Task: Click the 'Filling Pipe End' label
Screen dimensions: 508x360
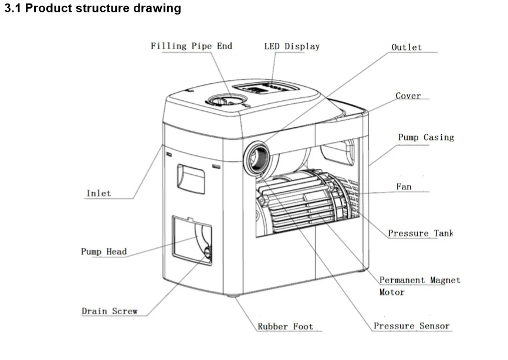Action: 191,46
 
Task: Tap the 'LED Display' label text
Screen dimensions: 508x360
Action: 292,46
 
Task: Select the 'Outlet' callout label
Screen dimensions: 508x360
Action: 407,47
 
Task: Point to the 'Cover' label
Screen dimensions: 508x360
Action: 408,96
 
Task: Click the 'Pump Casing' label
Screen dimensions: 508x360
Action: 426,137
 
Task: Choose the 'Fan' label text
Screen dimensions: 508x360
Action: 404,186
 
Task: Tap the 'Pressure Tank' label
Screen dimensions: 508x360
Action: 421,233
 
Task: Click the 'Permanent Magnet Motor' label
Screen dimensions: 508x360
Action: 420,286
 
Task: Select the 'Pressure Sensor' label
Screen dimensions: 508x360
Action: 412,325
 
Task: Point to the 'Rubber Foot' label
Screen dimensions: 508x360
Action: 286,327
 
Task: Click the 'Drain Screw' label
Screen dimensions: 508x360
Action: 110,311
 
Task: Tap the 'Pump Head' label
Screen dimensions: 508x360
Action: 104,252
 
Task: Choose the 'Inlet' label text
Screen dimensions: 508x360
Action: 99,193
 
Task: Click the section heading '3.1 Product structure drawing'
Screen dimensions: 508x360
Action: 93,8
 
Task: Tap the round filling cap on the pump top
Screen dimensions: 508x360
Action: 227,100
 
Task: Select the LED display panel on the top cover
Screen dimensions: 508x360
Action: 265,88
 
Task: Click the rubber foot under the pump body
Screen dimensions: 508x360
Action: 233,296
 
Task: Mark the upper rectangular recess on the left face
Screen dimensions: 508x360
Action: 191,179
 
